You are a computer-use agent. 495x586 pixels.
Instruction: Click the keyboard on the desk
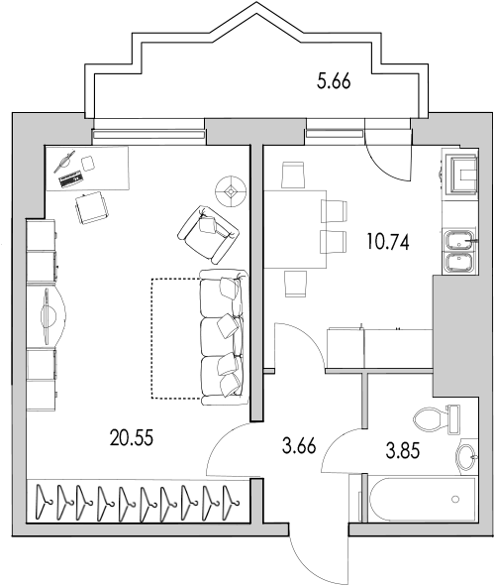[71, 179]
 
